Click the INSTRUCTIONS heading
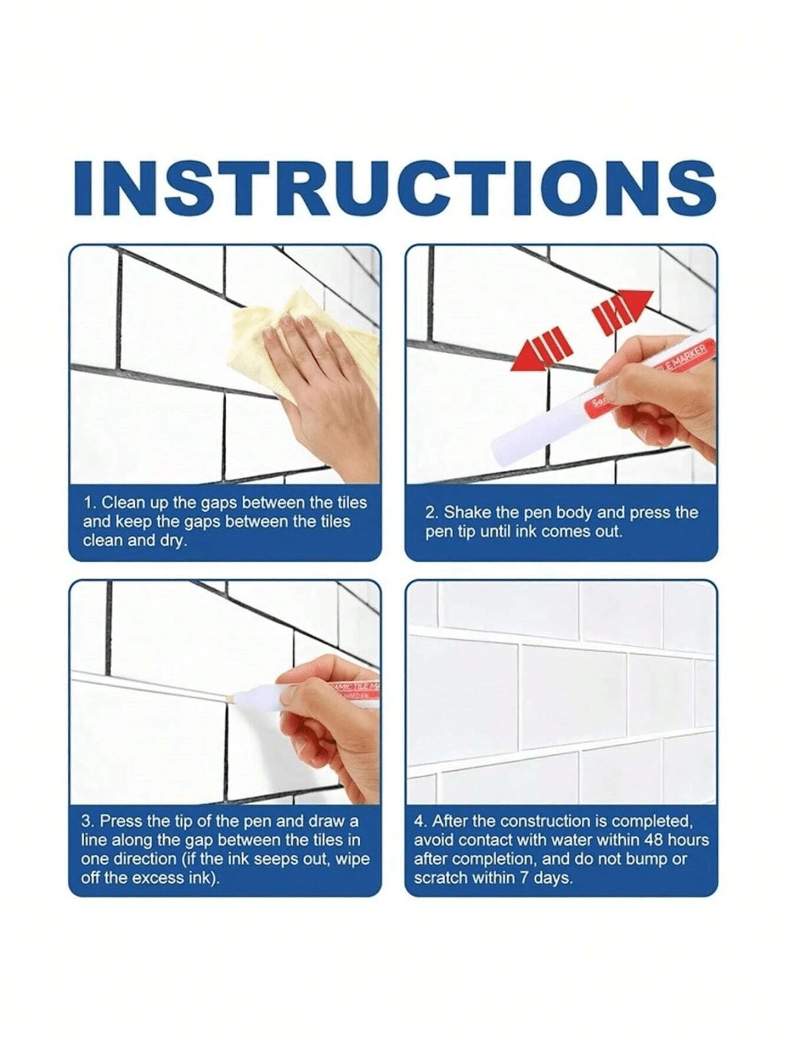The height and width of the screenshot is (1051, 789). tap(394, 187)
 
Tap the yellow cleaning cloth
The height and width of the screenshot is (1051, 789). tap(259, 330)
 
